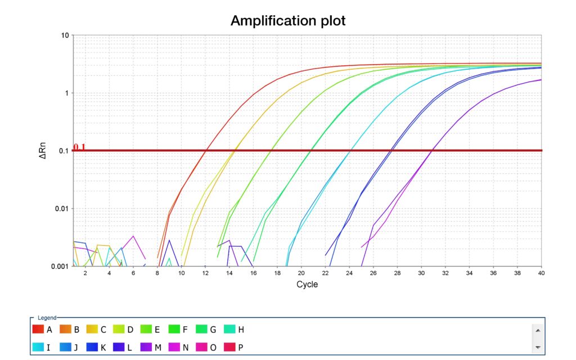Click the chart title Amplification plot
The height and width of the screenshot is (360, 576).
click(287, 21)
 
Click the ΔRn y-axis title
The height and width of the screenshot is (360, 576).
click(43, 150)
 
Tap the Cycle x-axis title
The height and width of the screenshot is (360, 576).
click(307, 284)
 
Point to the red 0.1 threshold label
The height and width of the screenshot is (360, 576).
click(79, 147)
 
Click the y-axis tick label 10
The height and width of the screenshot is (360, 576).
click(64, 35)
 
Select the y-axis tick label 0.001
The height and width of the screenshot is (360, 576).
click(60, 266)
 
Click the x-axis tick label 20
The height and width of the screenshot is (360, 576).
click(301, 273)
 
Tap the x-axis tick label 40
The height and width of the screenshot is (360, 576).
click(541, 273)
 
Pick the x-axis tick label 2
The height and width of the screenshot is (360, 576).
click(85, 273)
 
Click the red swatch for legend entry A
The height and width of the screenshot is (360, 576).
click(38, 330)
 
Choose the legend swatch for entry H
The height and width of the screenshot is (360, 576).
click(231, 330)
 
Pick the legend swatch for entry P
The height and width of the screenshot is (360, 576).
click(231, 348)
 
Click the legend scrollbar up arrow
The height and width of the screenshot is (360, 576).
click(538, 330)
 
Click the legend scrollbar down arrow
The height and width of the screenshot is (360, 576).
click(538, 347)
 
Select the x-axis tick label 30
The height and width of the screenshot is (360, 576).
click(421, 273)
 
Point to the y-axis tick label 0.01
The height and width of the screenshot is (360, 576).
click(61, 209)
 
